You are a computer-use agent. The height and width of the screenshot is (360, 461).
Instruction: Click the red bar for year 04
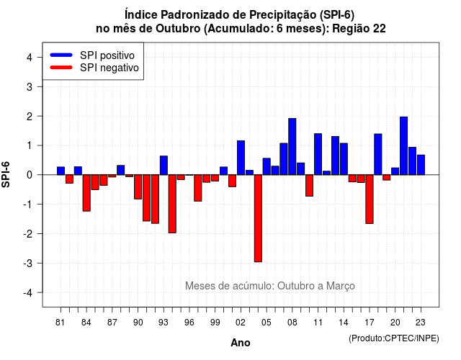pos(258,218)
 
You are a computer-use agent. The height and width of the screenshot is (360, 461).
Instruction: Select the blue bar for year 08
pos(292,147)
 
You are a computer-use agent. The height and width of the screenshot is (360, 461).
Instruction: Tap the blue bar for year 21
pos(403,145)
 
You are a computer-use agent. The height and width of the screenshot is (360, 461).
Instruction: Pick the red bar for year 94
pos(172,204)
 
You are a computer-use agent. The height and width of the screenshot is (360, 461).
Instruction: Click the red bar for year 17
pos(370,199)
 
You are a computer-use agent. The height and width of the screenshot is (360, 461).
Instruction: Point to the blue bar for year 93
pos(164,166)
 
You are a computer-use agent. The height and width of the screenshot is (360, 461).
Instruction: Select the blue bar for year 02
pos(241,158)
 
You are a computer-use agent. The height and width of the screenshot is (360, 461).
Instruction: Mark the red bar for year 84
pos(86,193)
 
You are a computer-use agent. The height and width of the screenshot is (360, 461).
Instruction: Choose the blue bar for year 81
pos(61,171)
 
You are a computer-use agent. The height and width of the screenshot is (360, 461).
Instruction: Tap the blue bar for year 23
pos(421,165)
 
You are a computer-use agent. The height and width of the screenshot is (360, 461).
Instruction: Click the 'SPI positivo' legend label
pos(107,55)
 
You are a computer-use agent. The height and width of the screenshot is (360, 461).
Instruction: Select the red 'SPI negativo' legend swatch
pos(61,68)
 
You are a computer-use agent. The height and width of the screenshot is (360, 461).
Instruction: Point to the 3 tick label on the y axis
pos(30,86)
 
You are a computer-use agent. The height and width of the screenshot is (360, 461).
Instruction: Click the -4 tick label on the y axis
pos(28,293)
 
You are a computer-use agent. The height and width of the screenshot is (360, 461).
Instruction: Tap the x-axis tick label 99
pos(215,323)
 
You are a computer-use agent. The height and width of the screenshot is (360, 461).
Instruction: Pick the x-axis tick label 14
pos(344,323)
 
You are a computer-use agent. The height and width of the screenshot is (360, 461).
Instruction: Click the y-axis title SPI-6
pos(6,174)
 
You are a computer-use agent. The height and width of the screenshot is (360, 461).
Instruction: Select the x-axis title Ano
pos(241,343)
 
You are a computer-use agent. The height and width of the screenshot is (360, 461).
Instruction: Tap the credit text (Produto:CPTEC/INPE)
pos(394,338)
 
